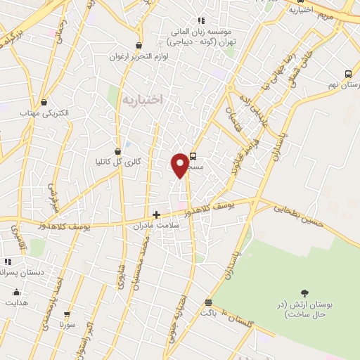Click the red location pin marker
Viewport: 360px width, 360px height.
point(180,165)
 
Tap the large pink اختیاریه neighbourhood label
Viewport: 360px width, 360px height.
point(143,99)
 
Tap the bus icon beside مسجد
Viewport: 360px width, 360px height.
point(193,157)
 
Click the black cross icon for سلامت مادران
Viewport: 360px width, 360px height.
point(157,214)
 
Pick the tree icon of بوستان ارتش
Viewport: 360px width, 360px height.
point(304,293)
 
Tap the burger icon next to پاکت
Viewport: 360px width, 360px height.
point(208,302)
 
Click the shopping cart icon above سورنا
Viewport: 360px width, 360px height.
point(67,314)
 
